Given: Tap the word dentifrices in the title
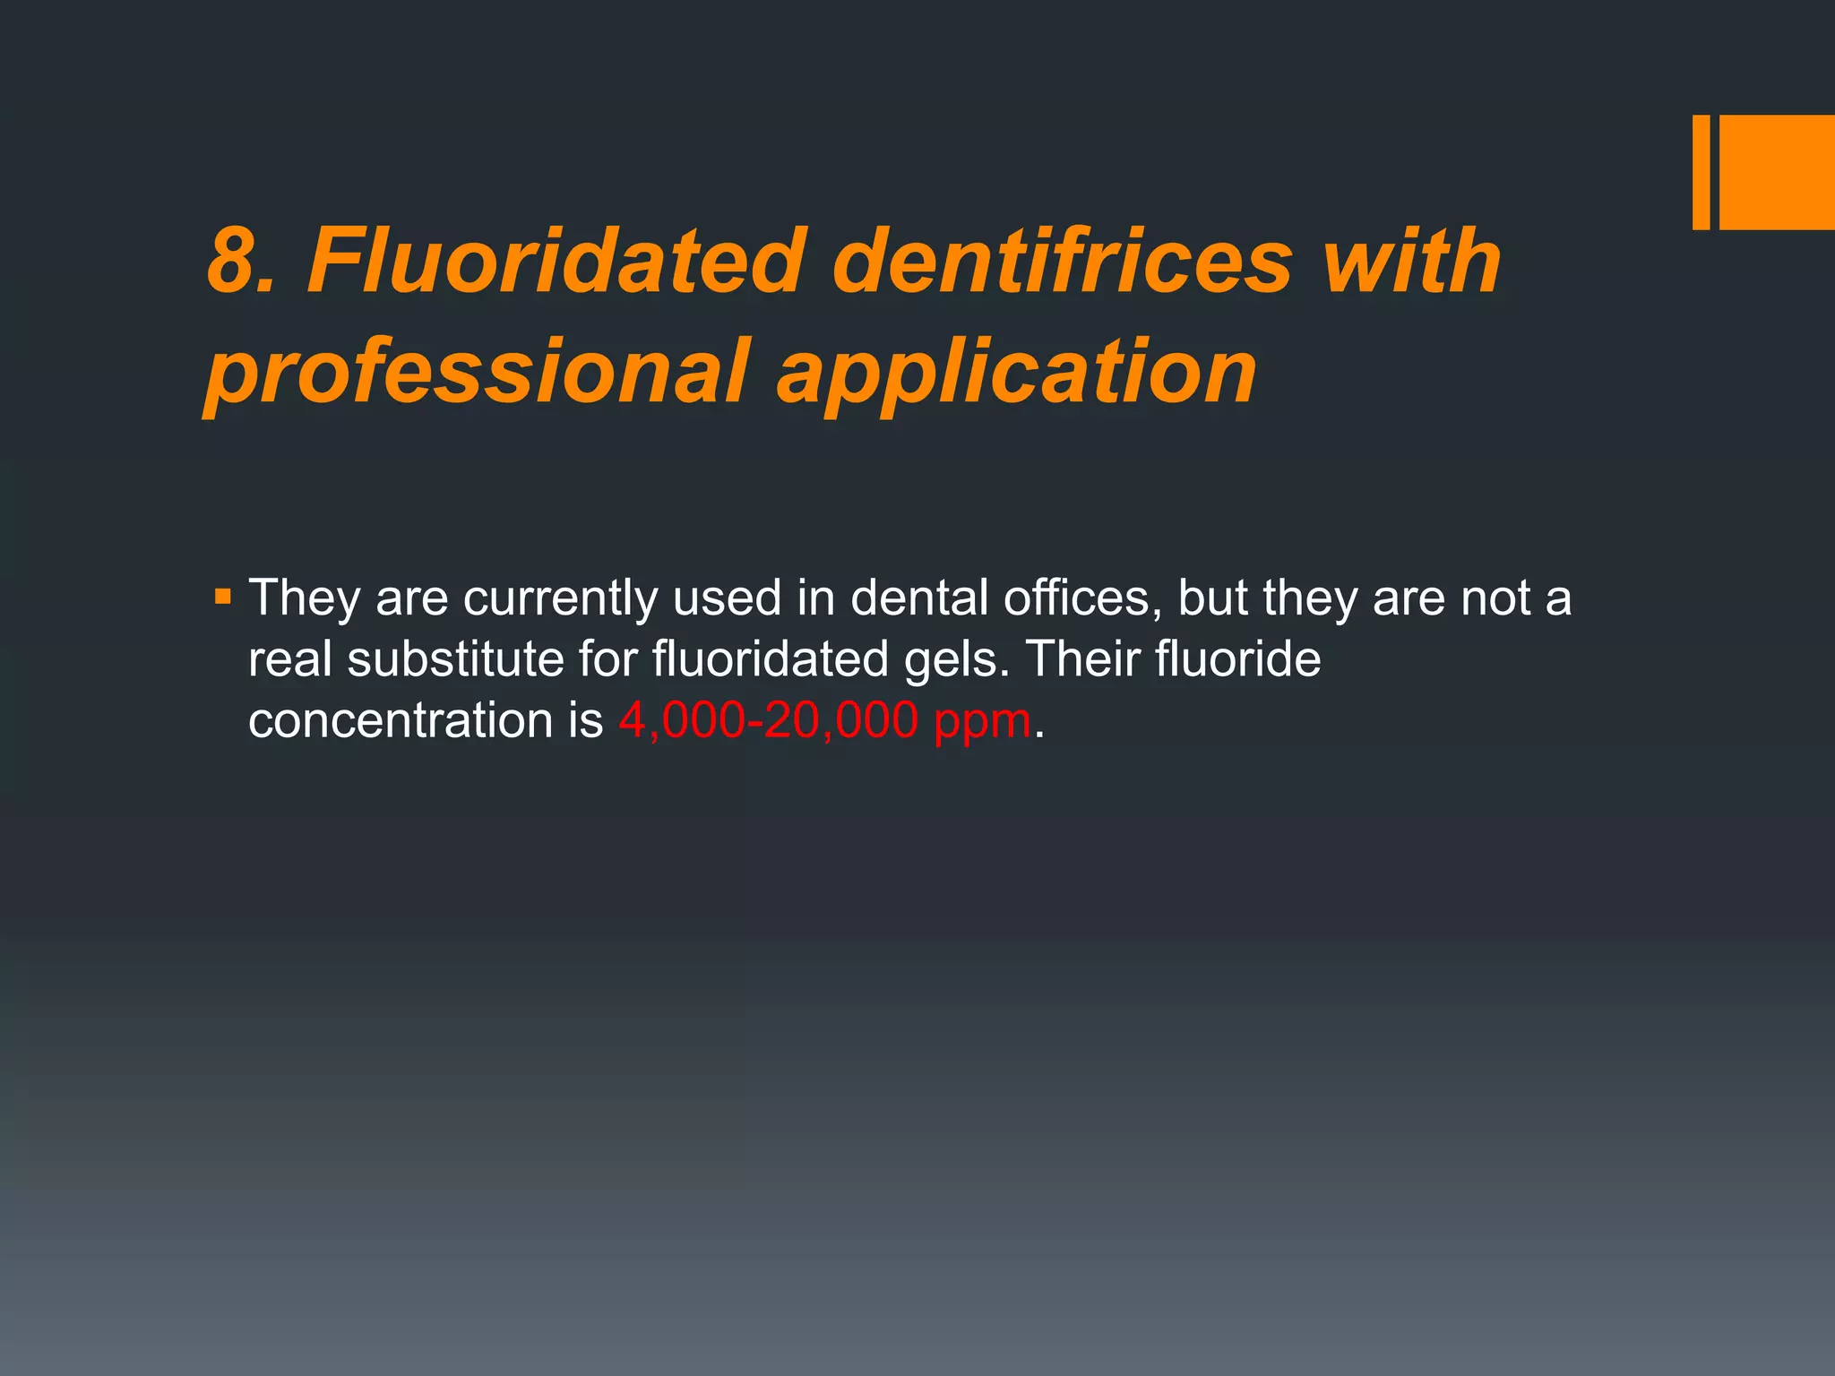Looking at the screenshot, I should [x=1062, y=262].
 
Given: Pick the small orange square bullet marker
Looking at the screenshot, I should [x=223, y=595].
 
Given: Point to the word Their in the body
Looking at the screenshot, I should [x=1081, y=659].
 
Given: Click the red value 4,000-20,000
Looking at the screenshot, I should [x=768, y=721].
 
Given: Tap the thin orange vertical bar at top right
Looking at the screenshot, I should [x=1701, y=172].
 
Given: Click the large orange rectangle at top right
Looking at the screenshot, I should [x=1777, y=172].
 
